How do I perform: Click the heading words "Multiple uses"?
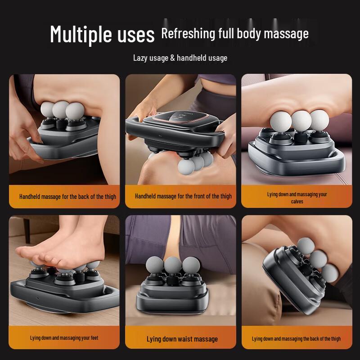coord(102,34)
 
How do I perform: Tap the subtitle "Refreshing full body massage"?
coord(235,33)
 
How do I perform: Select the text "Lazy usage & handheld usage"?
coord(180,58)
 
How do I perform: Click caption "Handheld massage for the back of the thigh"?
coord(67,196)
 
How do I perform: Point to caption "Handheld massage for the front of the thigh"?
coord(183,196)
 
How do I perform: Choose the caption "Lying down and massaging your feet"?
coord(64,337)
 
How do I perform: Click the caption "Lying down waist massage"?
coord(182,339)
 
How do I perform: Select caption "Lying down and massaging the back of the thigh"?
coord(296,338)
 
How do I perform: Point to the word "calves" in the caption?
coord(297,202)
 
